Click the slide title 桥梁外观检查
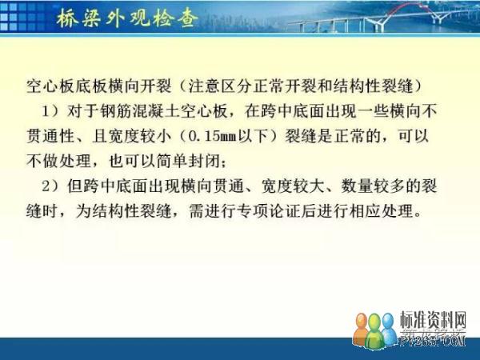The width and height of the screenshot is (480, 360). click(126, 18)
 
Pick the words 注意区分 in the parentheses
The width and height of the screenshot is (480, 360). click(220, 86)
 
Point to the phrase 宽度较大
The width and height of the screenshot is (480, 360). click(293, 186)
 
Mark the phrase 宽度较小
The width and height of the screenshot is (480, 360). click(140, 136)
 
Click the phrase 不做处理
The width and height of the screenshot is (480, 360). click(58, 162)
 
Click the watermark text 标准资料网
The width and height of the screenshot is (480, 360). click(433, 321)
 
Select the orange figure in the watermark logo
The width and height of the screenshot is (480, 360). click(362, 329)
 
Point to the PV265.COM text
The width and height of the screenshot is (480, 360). click(433, 340)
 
